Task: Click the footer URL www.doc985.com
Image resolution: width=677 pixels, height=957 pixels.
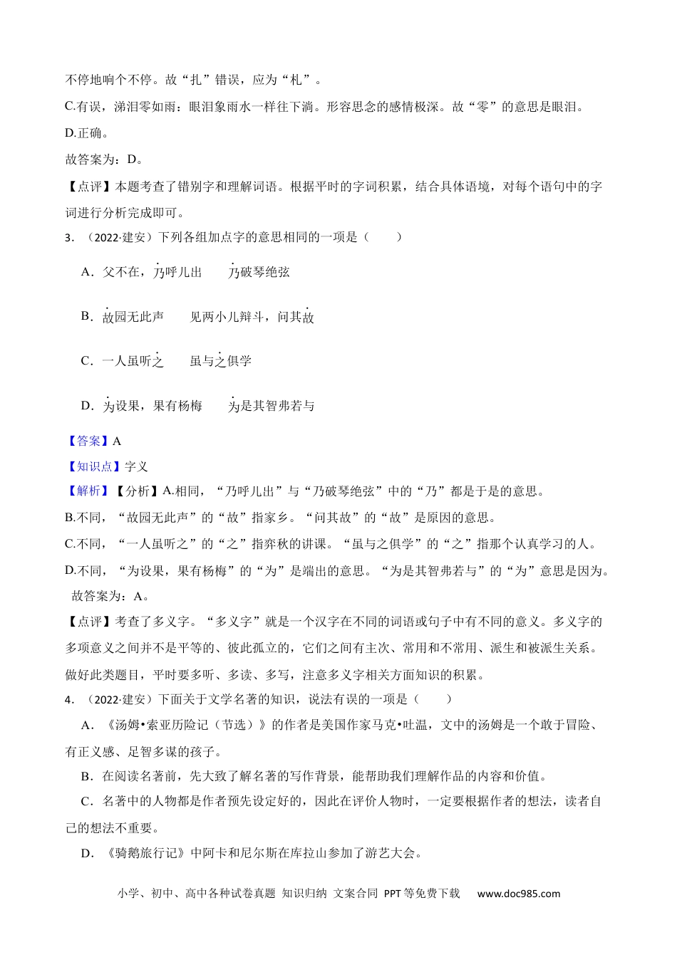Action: (518, 894)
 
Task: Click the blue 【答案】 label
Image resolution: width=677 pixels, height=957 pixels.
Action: (88, 441)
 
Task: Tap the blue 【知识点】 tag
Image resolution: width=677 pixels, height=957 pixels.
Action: (94, 467)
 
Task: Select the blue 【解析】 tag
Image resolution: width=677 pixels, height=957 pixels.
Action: (88, 491)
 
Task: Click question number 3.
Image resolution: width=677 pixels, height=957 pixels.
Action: (69, 238)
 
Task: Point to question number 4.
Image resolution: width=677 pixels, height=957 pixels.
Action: (69, 700)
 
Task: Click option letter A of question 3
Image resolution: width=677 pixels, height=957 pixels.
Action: (87, 272)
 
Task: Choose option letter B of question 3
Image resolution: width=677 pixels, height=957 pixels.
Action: (87, 317)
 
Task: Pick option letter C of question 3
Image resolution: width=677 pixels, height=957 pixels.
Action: (87, 362)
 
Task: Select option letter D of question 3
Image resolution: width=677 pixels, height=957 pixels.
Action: (87, 407)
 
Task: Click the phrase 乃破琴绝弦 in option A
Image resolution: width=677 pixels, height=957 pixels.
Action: (259, 272)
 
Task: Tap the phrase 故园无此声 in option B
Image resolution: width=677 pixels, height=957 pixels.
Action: (133, 317)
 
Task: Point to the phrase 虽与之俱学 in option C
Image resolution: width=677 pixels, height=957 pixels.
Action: (220, 362)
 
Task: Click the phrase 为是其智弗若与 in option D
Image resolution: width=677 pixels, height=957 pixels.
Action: (271, 407)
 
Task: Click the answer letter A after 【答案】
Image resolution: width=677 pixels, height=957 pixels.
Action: (117, 441)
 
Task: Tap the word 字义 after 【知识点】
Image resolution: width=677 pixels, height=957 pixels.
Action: (136, 467)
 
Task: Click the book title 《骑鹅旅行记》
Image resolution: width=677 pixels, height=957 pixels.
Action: (145, 853)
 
